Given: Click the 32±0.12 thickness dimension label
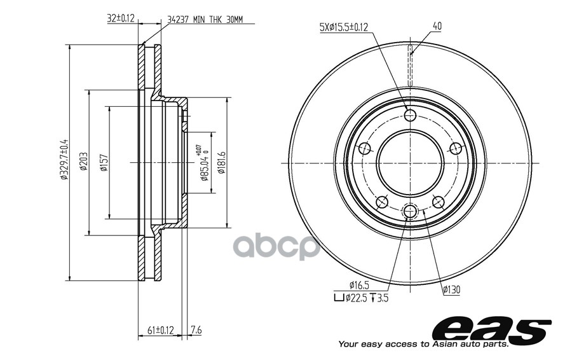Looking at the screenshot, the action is click(x=120, y=18).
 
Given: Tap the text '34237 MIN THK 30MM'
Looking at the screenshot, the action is click(x=205, y=20).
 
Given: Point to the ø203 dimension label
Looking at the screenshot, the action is click(x=83, y=162).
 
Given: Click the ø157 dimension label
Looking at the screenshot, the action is click(x=103, y=162).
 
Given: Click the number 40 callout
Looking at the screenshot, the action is click(x=437, y=26).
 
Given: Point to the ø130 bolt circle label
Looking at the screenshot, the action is click(x=452, y=289).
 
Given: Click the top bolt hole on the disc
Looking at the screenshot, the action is click(x=410, y=115).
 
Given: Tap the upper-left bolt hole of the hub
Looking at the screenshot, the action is click(x=364, y=148).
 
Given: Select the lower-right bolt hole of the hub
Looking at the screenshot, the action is click(x=438, y=202).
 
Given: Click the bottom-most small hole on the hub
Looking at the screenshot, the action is click(x=410, y=210).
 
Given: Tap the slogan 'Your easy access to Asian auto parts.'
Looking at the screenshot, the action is click(x=423, y=344).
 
